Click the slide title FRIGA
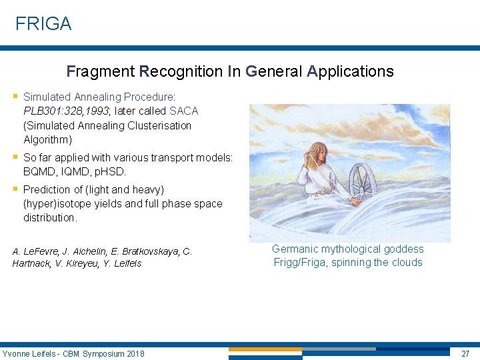tap(43, 24)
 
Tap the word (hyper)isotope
tap(59, 203)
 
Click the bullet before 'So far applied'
tap(15, 157)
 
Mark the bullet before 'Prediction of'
tap(15, 189)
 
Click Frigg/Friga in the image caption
tap(301, 262)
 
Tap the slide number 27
tap(465, 353)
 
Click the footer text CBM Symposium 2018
tap(103, 353)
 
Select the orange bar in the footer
tap(265, 349)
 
